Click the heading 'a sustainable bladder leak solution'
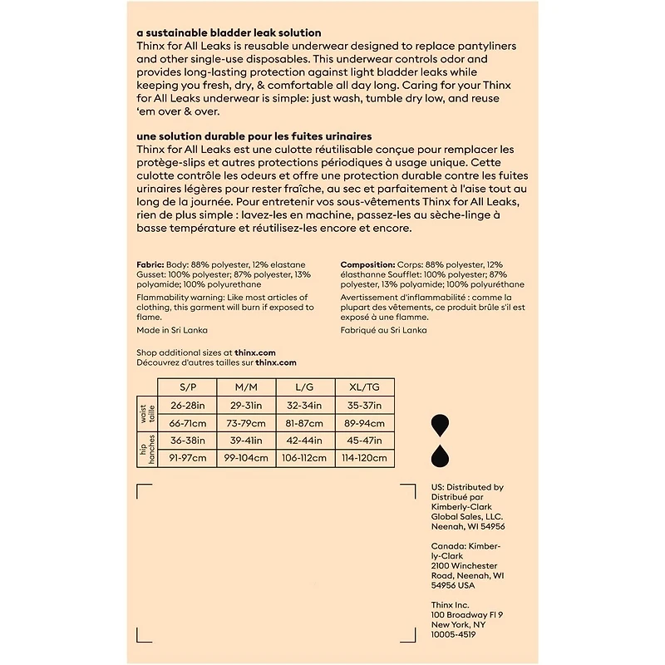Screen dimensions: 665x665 (x=219, y=32)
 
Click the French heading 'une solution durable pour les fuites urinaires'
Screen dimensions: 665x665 (x=254, y=135)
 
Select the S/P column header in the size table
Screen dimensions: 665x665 (x=187, y=387)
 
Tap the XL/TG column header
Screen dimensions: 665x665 (x=366, y=387)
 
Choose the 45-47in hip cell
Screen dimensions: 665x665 (x=366, y=441)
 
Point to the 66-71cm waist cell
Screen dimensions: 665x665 (x=187, y=422)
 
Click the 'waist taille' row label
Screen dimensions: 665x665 (x=146, y=414)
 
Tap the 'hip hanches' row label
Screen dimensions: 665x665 (x=146, y=450)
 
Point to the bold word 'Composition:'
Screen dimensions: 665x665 (x=367, y=264)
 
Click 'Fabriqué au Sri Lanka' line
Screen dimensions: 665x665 (x=383, y=330)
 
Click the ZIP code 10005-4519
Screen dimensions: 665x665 (x=453, y=634)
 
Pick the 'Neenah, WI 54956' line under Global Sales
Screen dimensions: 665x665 (x=468, y=526)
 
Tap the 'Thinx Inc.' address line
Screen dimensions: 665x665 (x=451, y=604)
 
